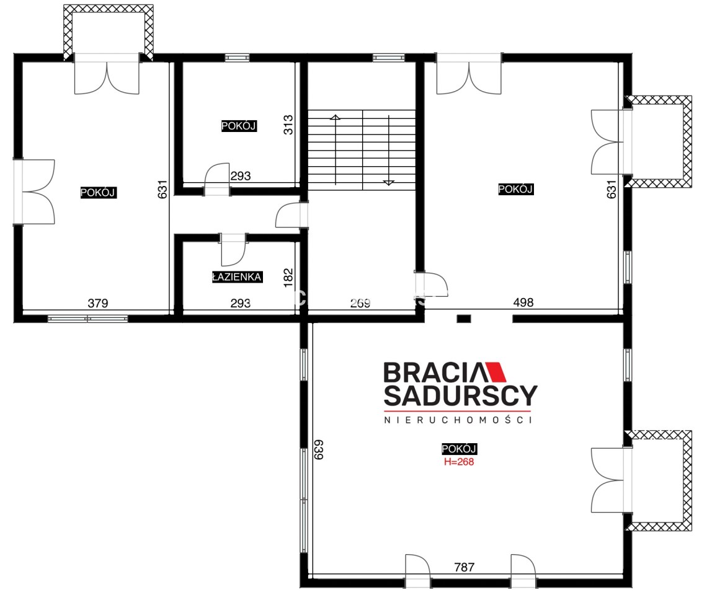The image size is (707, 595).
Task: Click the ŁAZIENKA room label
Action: [237, 277]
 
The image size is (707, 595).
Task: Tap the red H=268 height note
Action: [459, 462]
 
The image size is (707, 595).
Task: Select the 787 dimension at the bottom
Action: [465, 567]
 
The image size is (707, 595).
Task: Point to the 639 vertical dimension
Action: [319, 450]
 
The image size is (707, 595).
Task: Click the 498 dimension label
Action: [523, 302]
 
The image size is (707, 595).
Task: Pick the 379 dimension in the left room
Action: [98, 303]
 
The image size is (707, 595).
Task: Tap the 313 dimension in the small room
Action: [288, 125]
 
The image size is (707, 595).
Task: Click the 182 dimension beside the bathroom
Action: [288, 278]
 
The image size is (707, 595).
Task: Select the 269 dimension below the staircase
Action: [360, 303]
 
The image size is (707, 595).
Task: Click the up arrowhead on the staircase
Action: [335, 118]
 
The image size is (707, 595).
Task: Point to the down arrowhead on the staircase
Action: [389, 183]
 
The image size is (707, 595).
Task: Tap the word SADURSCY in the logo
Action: [460, 395]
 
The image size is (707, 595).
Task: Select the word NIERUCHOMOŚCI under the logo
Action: [458, 420]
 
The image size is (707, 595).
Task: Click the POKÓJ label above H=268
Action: [459, 449]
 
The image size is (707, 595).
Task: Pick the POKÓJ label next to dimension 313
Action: [239, 126]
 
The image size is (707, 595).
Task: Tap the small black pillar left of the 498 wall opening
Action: [464, 319]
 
